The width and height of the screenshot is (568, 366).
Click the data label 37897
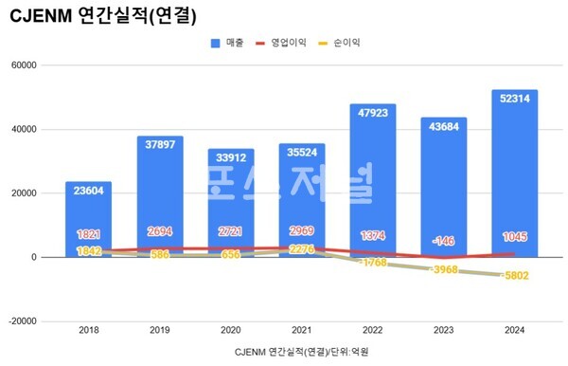pyautogui.click(x=160, y=145)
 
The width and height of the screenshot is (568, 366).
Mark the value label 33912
pyautogui.click(x=231, y=158)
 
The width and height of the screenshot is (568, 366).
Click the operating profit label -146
pyautogui.click(x=444, y=241)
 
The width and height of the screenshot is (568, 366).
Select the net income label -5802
pyautogui.click(x=516, y=275)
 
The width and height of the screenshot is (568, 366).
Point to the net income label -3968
pyautogui.click(x=444, y=269)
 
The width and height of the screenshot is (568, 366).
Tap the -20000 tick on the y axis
pyautogui.click(x=34, y=321)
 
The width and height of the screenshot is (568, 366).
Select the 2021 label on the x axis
pyautogui.click(x=302, y=331)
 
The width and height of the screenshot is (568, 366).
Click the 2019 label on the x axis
pyautogui.click(x=160, y=331)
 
